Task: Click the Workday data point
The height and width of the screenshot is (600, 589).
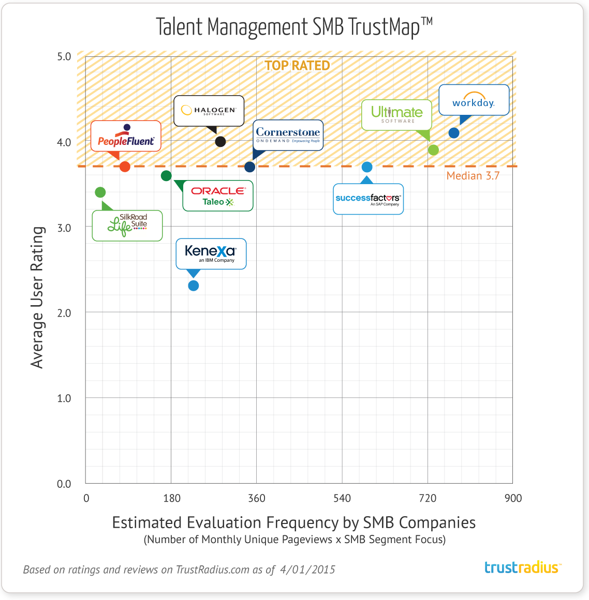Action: pyautogui.click(x=454, y=133)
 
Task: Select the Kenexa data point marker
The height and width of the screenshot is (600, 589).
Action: pyautogui.click(x=194, y=286)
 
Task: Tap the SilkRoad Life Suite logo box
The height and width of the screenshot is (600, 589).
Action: pyautogui.click(x=127, y=226)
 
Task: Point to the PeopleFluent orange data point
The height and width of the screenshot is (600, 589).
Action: pyautogui.click(x=125, y=167)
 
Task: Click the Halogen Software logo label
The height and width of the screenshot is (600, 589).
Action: pyautogui.click(x=209, y=111)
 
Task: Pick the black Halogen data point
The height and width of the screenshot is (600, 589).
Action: pyautogui.click(x=220, y=142)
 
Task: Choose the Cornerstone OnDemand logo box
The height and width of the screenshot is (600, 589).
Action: pyautogui.click(x=288, y=136)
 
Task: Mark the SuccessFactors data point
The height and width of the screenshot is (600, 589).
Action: pyautogui.click(x=367, y=167)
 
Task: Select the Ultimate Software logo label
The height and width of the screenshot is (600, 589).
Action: pyautogui.click(x=396, y=115)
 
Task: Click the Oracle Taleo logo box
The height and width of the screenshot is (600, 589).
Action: pyautogui.click(x=218, y=196)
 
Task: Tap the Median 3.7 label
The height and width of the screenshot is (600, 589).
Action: pyautogui.click(x=473, y=176)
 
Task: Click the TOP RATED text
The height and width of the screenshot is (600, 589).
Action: pyautogui.click(x=298, y=66)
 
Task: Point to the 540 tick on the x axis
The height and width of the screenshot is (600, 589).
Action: pyautogui.click(x=342, y=498)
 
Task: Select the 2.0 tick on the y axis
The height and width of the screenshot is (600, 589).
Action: pyautogui.click(x=64, y=313)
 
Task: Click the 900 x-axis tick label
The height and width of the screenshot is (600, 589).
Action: pyautogui.click(x=513, y=498)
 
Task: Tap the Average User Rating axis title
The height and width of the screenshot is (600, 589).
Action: pyautogui.click(x=37, y=297)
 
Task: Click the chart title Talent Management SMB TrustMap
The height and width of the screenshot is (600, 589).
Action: pyautogui.click(x=294, y=27)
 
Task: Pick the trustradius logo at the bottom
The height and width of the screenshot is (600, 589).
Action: pyautogui.click(x=522, y=567)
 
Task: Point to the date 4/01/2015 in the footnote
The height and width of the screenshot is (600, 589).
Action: pyautogui.click(x=307, y=570)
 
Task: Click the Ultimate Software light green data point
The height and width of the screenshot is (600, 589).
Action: pyautogui.click(x=434, y=150)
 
